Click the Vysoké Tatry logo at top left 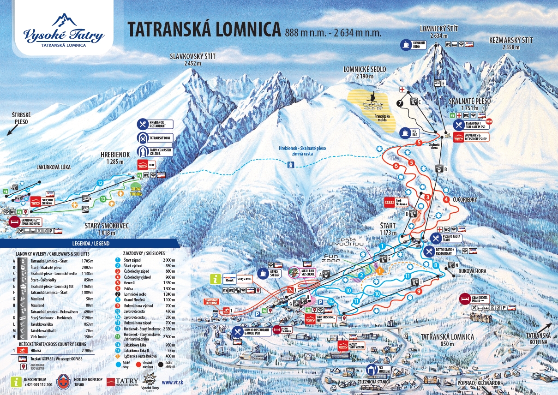click(64, 30)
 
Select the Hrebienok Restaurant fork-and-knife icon click(143, 124)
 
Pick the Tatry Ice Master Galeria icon click(143, 151)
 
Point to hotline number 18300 click(80, 384)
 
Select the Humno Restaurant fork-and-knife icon click(237, 331)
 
